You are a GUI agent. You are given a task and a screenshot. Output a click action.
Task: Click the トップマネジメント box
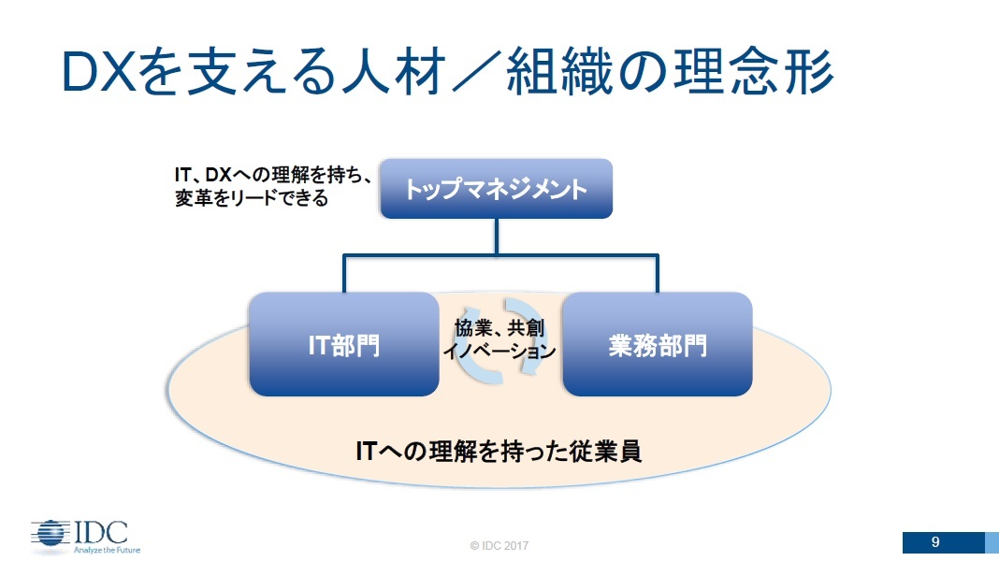click(497, 189)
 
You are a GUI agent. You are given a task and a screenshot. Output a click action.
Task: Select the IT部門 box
click(344, 344)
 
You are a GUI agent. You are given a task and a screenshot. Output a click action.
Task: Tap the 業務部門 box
click(658, 344)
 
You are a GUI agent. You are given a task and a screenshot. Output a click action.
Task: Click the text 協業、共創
click(499, 328)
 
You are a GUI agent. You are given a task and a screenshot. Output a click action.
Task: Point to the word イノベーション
click(499, 351)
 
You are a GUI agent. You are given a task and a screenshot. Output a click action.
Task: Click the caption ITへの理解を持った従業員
click(499, 452)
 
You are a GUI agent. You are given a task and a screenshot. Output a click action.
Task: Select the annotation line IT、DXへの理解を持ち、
click(273, 175)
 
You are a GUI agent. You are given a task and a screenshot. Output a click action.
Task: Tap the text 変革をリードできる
click(252, 198)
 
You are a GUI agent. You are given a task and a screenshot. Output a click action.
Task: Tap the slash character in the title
click(476, 71)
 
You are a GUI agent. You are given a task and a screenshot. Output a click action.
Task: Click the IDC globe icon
click(51, 534)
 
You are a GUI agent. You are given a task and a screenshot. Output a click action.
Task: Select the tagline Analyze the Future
click(107, 550)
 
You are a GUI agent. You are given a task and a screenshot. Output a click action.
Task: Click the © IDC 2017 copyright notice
click(499, 546)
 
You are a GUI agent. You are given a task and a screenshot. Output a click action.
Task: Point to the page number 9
click(935, 542)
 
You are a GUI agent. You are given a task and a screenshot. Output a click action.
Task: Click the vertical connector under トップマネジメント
click(497, 237)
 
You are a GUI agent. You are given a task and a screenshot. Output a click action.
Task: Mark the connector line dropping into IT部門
click(344, 274)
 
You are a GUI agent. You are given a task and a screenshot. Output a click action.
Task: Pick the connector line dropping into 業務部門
click(658, 274)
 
